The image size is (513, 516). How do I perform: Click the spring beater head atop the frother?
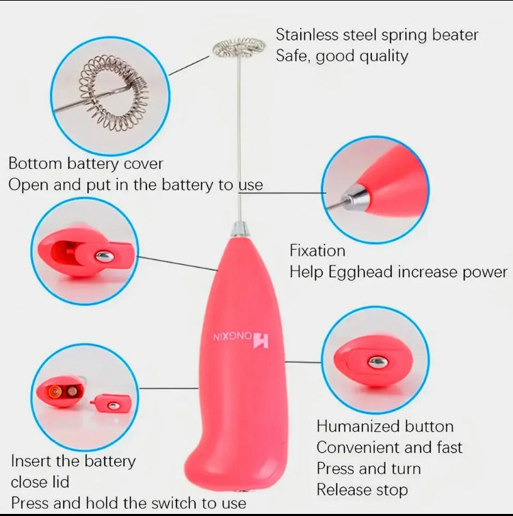click(x=239, y=47)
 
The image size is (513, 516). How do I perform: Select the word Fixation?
click(x=317, y=250)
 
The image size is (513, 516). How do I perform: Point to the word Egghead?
click(x=360, y=272)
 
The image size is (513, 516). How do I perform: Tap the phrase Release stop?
click(x=362, y=490)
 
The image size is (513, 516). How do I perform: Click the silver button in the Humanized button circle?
click(x=377, y=362)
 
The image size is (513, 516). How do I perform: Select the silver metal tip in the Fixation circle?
click(x=356, y=200)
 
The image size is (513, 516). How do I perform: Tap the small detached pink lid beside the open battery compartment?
click(x=110, y=404)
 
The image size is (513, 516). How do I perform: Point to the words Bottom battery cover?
click(x=85, y=164)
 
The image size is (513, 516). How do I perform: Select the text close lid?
click(x=40, y=482)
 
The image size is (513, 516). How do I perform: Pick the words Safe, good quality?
click(x=342, y=56)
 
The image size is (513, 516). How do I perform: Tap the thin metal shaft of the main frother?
click(x=239, y=137)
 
